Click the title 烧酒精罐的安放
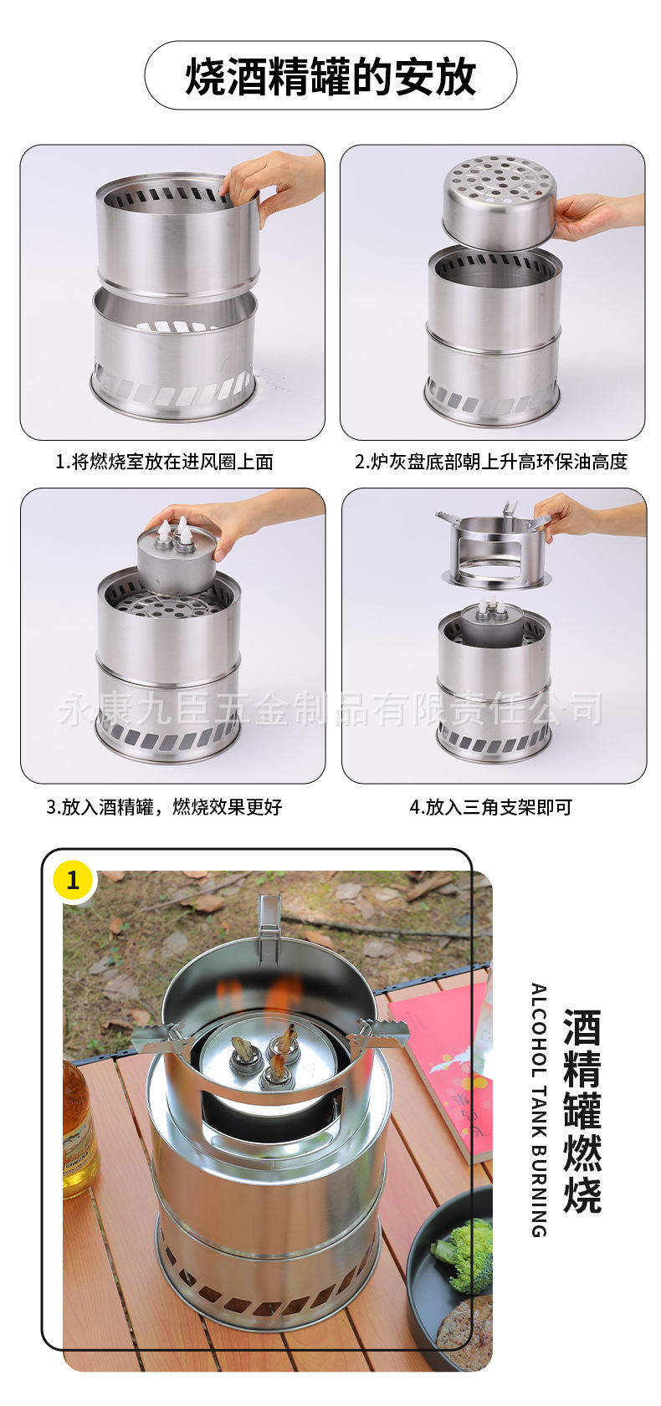click(x=330, y=77)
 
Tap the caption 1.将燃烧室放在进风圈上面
click(x=164, y=462)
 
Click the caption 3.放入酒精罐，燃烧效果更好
click(x=164, y=807)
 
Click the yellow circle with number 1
click(x=73, y=880)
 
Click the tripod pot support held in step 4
click(x=494, y=548)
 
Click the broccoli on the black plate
click(x=465, y=1255)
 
